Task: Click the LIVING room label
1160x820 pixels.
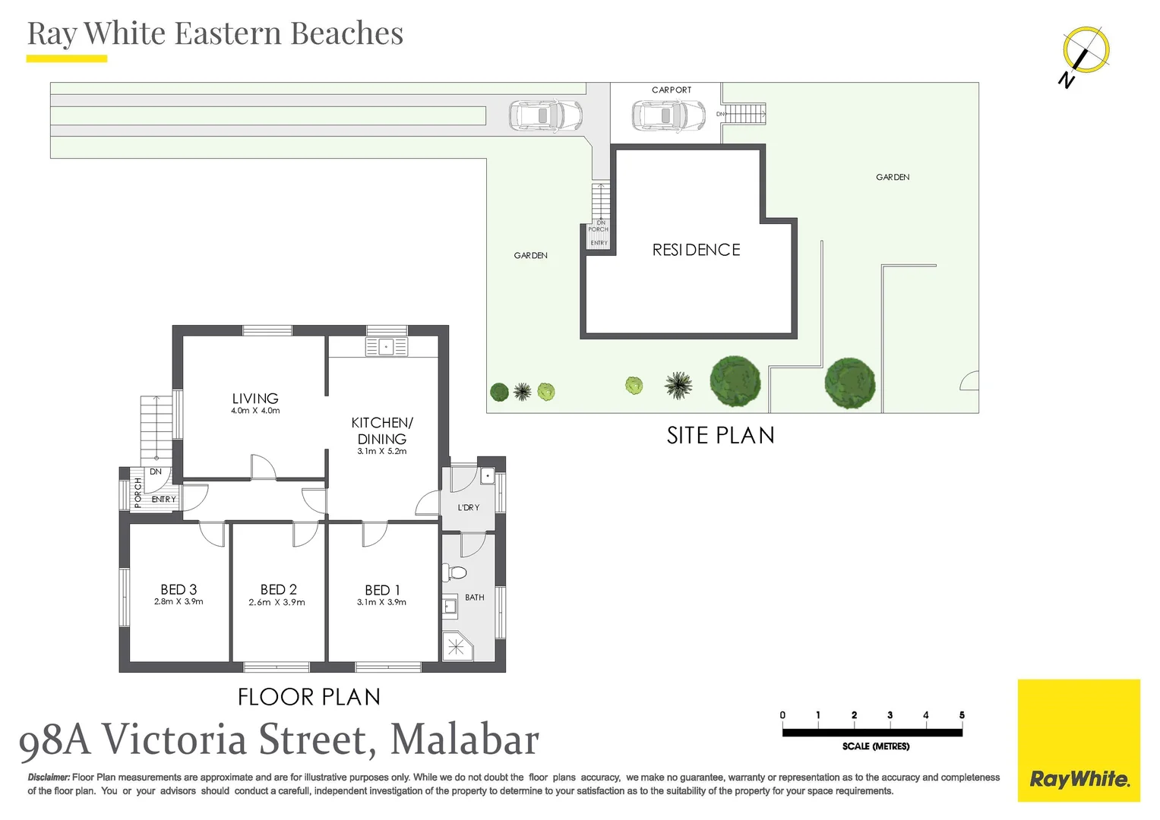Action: pyautogui.click(x=255, y=399)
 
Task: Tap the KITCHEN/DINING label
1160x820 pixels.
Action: pyautogui.click(x=382, y=430)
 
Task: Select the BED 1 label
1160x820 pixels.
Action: pyautogui.click(x=382, y=590)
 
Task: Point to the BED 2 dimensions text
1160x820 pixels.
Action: pyautogui.click(x=277, y=603)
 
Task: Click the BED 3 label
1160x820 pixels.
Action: pyautogui.click(x=179, y=589)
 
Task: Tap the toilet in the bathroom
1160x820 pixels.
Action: pyautogui.click(x=456, y=572)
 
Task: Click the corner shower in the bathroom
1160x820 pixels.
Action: pyautogui.click(x=456, y=646)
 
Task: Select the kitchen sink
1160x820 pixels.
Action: pyautogui.click(x=386, y=347)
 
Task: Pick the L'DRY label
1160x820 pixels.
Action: pyautogui.click(x=469, y=507)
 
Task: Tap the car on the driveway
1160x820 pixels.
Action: pyautogui.click(x=545, y=116)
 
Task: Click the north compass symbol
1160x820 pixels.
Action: pyautogui.click(x=1084, y=54)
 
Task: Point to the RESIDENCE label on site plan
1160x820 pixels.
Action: pyautogui.click(x=696, y=250)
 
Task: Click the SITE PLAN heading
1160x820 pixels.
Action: pyautogui.click(x=720, y=435)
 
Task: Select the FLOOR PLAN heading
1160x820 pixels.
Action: pyautogui.click(x=308, y=697)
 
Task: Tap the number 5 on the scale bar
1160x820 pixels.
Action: pyautogui.click(x=962, y=715)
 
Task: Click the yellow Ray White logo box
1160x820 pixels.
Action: pyautogui.click(x=1079, y=740)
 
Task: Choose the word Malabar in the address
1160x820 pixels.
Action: pyautogui.click(x=464, y=740)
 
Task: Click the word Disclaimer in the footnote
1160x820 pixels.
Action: pyautogui.click(x=49, y=777)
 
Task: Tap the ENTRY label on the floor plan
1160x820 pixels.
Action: pyautogui.click(x=163, y=500)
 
